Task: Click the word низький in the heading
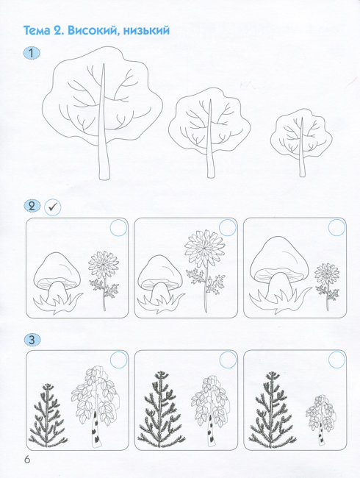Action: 146,31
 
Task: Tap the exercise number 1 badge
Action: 32,54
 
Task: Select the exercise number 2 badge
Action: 32,207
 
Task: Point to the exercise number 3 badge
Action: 32,340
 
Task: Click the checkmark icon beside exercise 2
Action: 52,207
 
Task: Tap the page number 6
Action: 27,460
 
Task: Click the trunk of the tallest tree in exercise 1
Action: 104,122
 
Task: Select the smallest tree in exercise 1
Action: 301,143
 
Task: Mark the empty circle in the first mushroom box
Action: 118,228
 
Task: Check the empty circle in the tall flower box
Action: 228,227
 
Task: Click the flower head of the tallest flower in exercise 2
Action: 205,249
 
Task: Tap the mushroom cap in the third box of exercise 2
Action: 279,259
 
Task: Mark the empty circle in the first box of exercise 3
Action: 118,360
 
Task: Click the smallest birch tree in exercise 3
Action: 321,420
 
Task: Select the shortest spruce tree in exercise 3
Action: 47,415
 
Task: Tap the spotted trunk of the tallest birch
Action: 96,429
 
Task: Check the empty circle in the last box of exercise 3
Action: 336,360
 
